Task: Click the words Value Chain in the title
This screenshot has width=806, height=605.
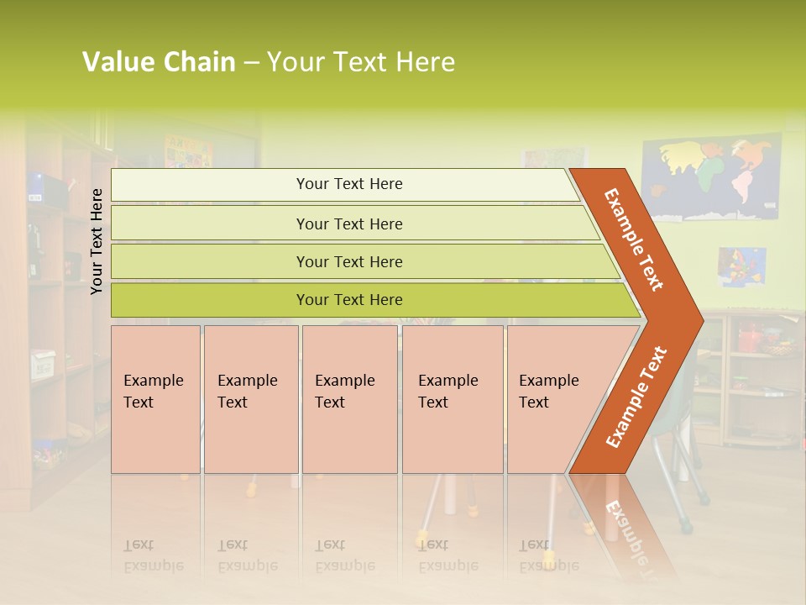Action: [159, 62]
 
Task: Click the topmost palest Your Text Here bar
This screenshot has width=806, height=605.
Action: [348, 184]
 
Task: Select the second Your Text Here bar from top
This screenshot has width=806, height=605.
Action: [348, 224]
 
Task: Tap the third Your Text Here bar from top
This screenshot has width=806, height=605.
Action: [348, 261]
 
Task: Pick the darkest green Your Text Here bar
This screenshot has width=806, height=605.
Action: [348, 300]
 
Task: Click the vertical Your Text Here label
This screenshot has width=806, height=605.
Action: [97, 241]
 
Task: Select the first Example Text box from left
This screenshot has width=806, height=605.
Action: [155, 399]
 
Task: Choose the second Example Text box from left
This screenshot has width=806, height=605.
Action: [250, 399]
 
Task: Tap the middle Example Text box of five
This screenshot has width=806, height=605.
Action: [349, 399]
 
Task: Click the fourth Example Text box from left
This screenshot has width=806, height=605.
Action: [452, 399]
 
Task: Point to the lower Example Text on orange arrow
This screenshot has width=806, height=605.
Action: [636, 397]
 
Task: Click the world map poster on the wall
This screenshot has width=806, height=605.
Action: [711, 178]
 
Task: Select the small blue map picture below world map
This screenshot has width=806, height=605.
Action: [741, 266]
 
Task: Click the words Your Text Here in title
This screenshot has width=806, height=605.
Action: [361, 62]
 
